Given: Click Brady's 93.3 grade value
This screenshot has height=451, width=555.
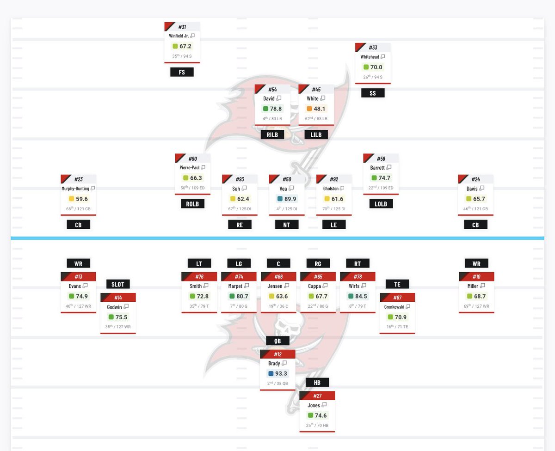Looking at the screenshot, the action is click(281, 374).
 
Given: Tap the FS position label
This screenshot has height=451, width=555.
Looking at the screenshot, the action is click(182, 72).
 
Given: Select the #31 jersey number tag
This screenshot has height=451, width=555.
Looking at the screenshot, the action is click(182, 27).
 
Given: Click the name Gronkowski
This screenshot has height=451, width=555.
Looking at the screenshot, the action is click(394, 307).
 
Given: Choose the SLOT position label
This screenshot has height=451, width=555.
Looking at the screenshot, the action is click(118, 284).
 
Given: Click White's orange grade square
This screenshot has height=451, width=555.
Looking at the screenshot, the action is click(309, 109).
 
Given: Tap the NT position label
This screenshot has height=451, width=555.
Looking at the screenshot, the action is click(287, 225).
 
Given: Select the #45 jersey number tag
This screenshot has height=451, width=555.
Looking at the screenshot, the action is click(316, 89).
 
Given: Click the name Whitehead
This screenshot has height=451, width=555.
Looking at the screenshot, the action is click(370, 57).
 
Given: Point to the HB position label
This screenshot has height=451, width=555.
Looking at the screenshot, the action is click(317, 383).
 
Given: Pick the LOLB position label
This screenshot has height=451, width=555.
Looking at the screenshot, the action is click(381, 204).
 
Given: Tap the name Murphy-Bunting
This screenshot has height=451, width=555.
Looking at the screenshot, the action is click(75, 189).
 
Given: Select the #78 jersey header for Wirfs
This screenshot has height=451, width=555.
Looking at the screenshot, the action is click(358, 277).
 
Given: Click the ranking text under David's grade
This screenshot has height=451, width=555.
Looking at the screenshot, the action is click(272, 119).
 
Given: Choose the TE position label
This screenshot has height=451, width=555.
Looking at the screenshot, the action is click(397, 284).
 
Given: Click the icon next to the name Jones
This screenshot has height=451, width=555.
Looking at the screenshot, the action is click(324, 405).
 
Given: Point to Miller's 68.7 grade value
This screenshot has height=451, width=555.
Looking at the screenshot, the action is click(480, 296).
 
